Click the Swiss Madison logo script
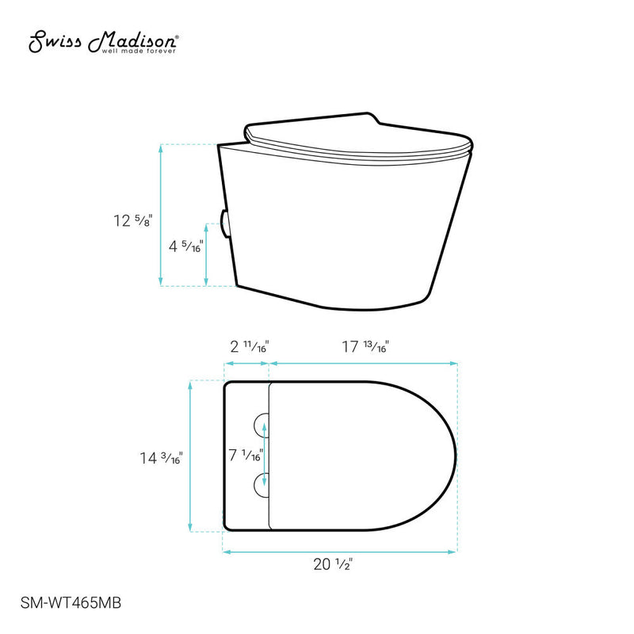click(x=103, y=41)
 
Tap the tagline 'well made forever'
click(x=139, y=52)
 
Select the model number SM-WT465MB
click(x=71, y=603)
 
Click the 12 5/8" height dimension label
click(x=132, y=220)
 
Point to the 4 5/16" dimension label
click(x=186, y=246)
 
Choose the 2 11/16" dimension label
click(x=250, y=346)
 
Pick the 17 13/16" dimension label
click(x=365, y=346)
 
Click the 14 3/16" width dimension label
click(x=162, y=458)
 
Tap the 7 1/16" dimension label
click(x=246, y=455)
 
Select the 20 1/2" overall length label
click(x=333, y=564)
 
